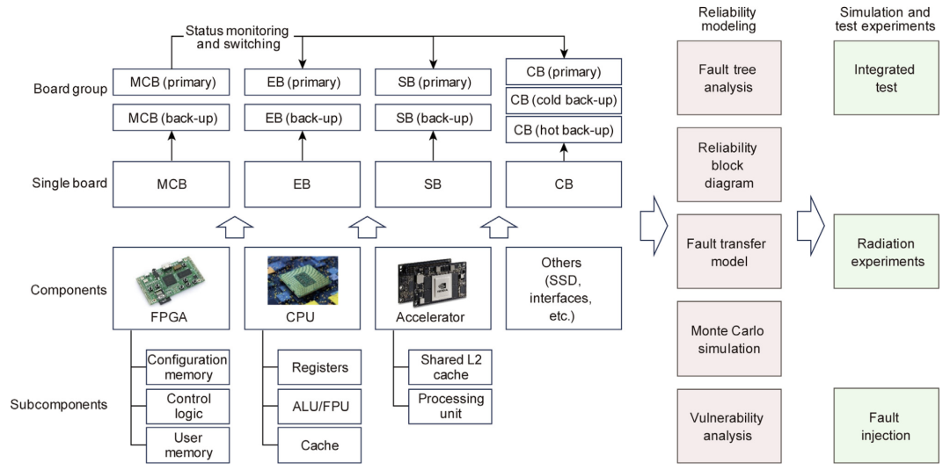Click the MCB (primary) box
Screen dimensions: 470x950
pyautogui.click(x=171, y=83)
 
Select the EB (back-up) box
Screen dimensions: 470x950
pyautogui.click(x=303, y=117)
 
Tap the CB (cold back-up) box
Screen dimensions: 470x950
pyautogui.click(x=564, y=100)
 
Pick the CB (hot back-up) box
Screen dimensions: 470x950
pyautogui.click(x=564, y=131)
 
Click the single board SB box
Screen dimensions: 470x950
pyautogui.click(x=432, y=184)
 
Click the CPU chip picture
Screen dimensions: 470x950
pyautogui.click(x=303, y=279)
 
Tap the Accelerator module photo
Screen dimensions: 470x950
pyautogui.click(x=432, y=279)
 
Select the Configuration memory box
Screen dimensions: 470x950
pyautogui.click(x=187, y=368)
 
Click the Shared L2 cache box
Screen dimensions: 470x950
pyautogui.click(x=450, y=368)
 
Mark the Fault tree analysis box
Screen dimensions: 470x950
pyautogui.click(x=727, y=78)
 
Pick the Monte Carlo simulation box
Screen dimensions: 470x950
pyautogui.click(x=727, y=340)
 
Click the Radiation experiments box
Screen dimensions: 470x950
pyautogui.click(x=885, y=253)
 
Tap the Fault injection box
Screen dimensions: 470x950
pyautogui.click(x=885, y=427)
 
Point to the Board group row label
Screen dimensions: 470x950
pyautogui.click(x=69, y=89)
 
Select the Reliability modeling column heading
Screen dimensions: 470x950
pyautogui.click(x=727, y=19)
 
